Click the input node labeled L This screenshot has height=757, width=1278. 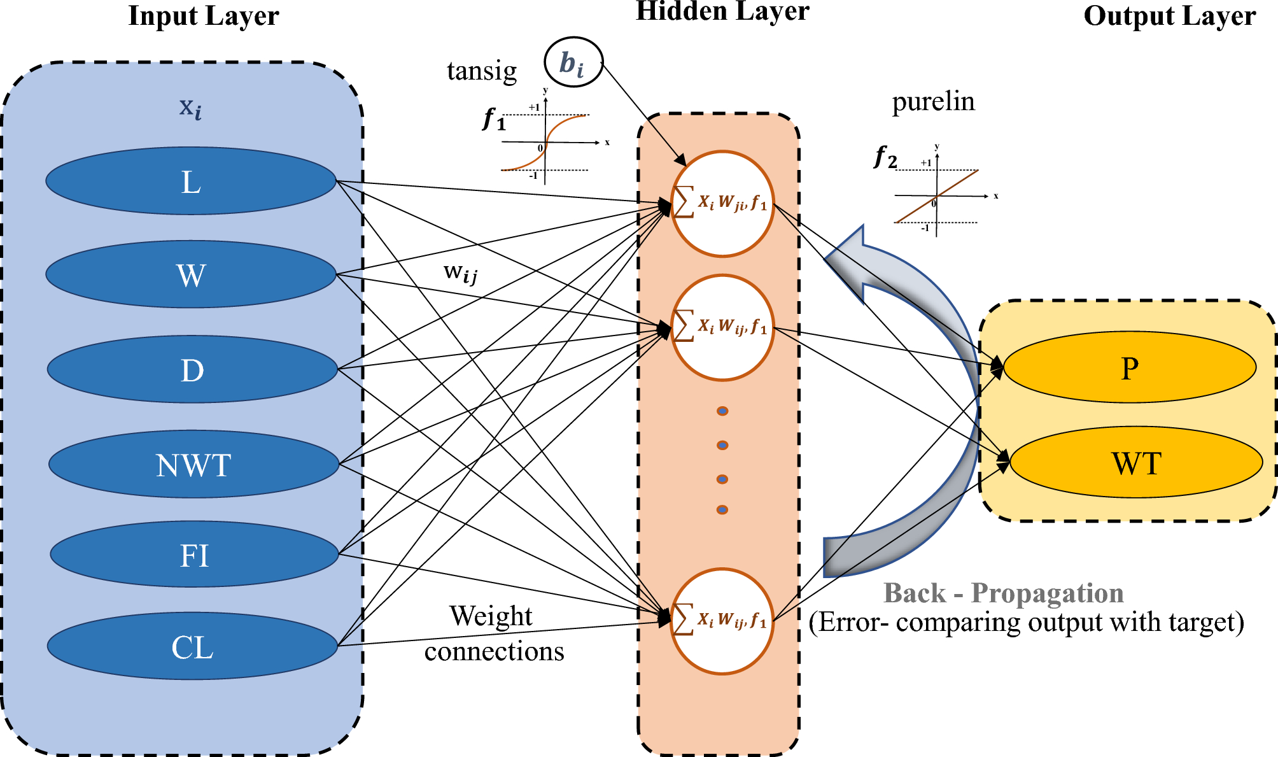[191, 181]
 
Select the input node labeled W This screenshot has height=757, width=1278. [191, 274]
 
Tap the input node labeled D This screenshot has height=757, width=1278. [192, 369]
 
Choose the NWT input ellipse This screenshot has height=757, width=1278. [193, 464]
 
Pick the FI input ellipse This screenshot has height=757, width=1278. [194, 555]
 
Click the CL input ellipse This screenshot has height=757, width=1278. [192, 646]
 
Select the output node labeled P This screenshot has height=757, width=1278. [1130, 367]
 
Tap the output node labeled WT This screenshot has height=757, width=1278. [1136, 462]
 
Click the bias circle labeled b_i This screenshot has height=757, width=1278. [573, 62]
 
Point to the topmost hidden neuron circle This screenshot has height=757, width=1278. [722, 204]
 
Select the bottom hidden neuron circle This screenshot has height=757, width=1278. [722, 621]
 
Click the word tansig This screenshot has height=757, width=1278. [482, 71]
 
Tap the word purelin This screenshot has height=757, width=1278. [933, 101]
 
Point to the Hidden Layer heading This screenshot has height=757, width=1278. [722, 11]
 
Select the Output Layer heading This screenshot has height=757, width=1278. [1169, 16]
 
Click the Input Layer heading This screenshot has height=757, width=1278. [204, 16]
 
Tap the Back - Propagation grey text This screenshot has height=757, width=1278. [1003, 593]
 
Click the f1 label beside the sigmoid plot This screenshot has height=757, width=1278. [494, 119]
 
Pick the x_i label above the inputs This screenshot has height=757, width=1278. [190, 108]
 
